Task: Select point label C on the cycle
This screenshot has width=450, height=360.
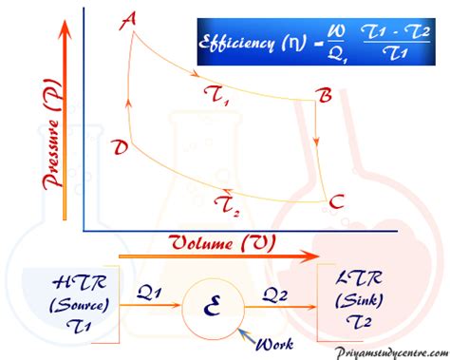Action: click(334, 202)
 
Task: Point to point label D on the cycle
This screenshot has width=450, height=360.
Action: click(120, 148)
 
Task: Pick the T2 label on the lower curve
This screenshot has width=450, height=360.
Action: click(227, 202)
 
